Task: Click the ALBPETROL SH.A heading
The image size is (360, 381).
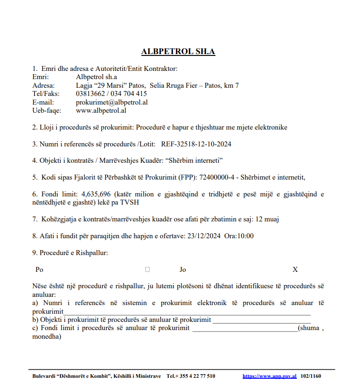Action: (178, 51)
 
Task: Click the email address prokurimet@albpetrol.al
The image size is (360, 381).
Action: (112, 102)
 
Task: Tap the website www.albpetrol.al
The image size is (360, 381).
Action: (101, 110)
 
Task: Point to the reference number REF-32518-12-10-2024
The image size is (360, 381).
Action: (196, 144)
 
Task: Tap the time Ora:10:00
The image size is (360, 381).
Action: (239, 236)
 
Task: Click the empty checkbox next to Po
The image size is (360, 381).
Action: (147, 270)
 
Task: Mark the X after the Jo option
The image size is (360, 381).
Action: (295, 270)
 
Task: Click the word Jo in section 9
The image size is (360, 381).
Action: (183, 270)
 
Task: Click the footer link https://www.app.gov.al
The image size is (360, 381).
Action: (270, 376)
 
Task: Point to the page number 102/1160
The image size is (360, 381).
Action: (311, 376)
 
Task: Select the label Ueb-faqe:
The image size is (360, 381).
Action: (47, 110)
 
